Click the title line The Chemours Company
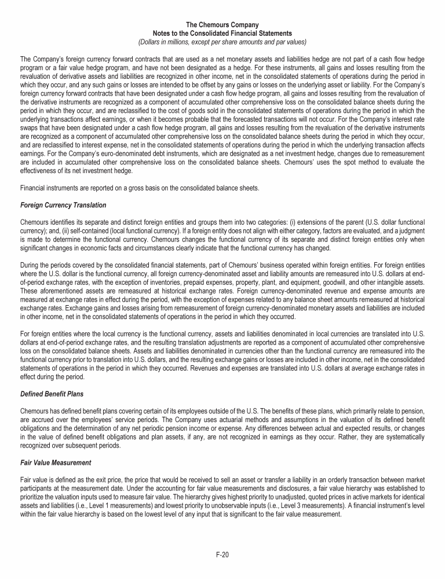pyautogui.click(x=222, y=24)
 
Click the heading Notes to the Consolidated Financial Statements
pyautogui.click(x=222, y=33)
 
